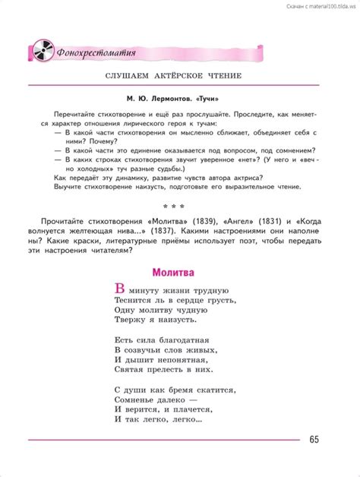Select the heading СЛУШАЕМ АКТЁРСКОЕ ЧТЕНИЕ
[179, 78]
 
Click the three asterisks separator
[179, 204]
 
